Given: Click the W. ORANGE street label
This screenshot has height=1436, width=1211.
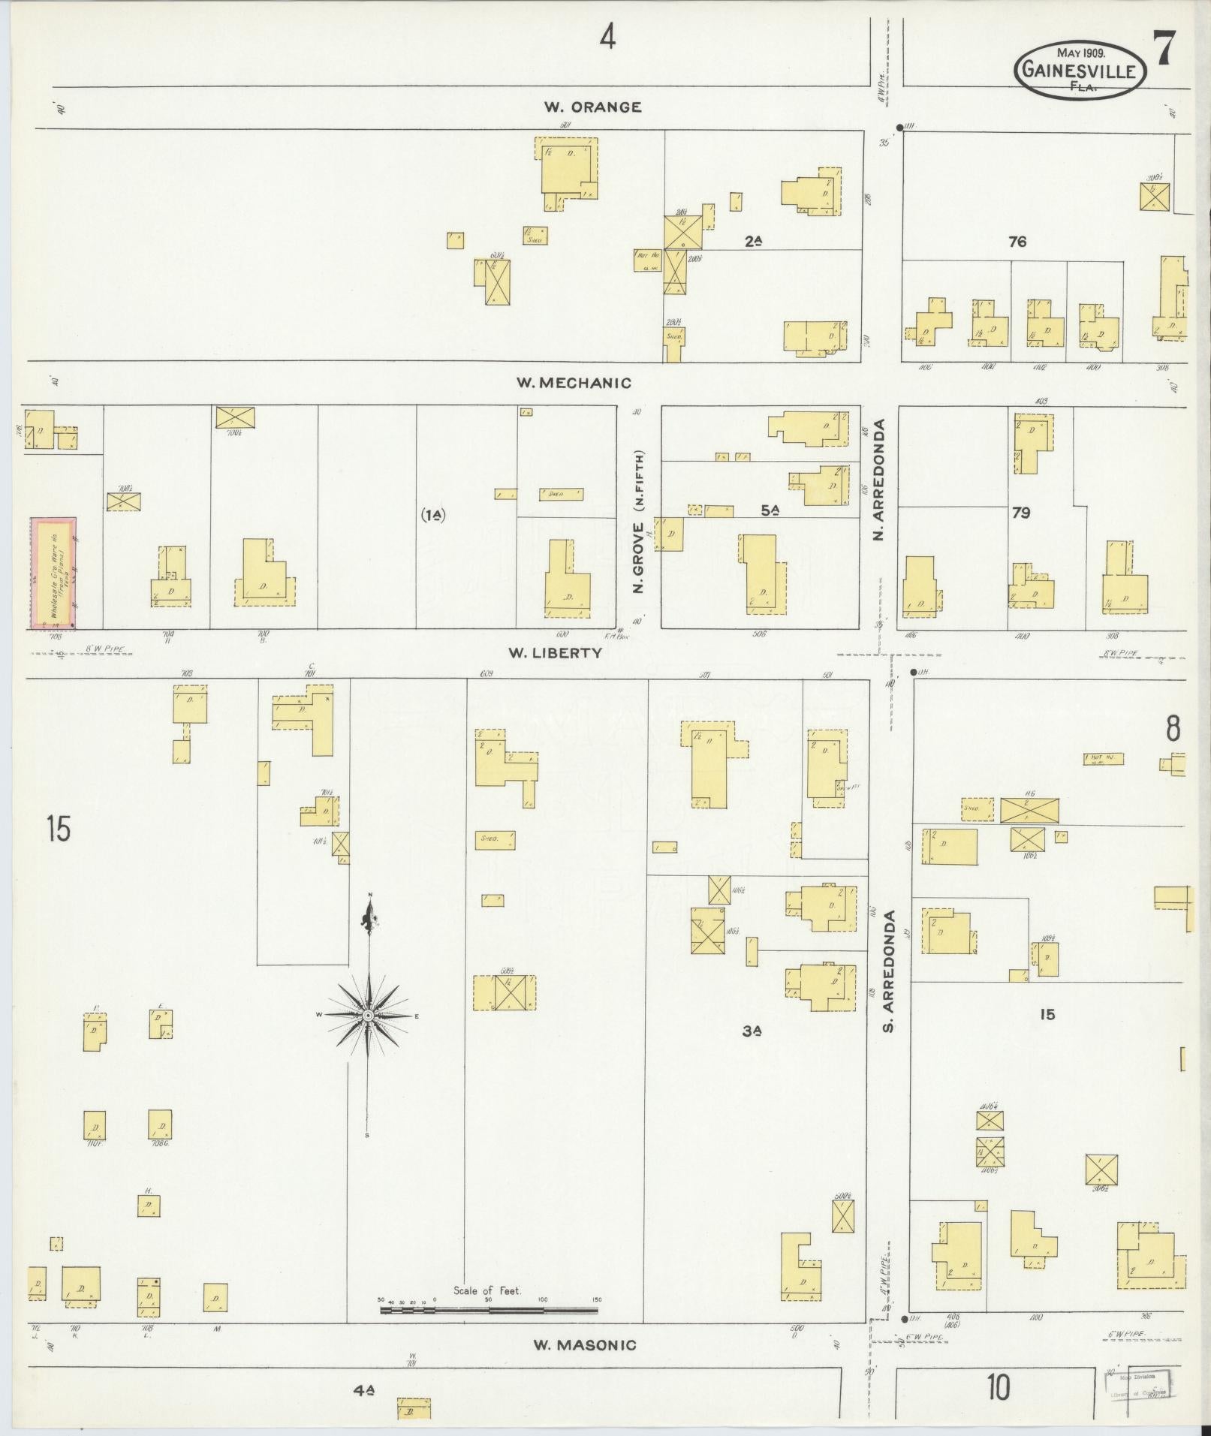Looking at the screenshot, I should pyautogui.click(x=592, y=107).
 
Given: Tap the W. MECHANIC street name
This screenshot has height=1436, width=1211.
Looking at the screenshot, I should pyautogui.click(x=573, y=383).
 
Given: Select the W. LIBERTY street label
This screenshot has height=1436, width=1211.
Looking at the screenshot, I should pyautogui.click(x=555, y=653).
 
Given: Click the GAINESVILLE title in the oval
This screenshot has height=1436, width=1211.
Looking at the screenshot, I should pyautogui.click(x=1080, y=71).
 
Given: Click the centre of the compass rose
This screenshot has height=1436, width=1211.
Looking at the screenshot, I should pyautogui.click(x=368, y=1015).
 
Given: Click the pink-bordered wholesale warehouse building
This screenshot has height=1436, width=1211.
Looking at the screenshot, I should pyautogui.click(x=53, y=572).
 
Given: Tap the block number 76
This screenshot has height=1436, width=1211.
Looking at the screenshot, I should pyautogui.click(x=1017, y=242).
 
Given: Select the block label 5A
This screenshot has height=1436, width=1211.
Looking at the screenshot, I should pyautogui.click(x=770, y=510).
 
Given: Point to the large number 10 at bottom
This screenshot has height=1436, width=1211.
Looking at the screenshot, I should pyautogui.click(x=998, y=1387).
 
